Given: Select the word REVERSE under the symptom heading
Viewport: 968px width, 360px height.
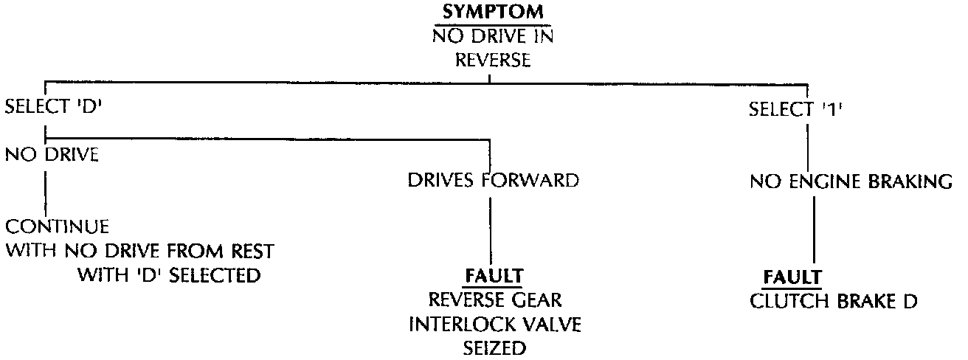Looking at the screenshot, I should click(x=492, y=60).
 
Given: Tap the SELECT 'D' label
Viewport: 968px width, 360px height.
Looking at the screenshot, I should click(x=53, y=107).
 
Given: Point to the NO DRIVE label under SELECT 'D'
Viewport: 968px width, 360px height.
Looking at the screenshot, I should click(x=52, y=156).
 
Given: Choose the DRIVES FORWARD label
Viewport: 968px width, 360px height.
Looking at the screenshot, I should click(x=493, y=181).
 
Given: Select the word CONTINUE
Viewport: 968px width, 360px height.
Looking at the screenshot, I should click(x=58, y=226).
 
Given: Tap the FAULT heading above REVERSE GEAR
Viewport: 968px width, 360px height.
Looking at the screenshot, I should click(x=494, y=277).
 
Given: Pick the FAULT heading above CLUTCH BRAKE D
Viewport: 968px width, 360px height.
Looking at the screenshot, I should click(x=792, y=277).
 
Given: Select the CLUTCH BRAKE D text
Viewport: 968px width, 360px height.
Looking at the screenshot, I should click(x=833, y=301).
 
